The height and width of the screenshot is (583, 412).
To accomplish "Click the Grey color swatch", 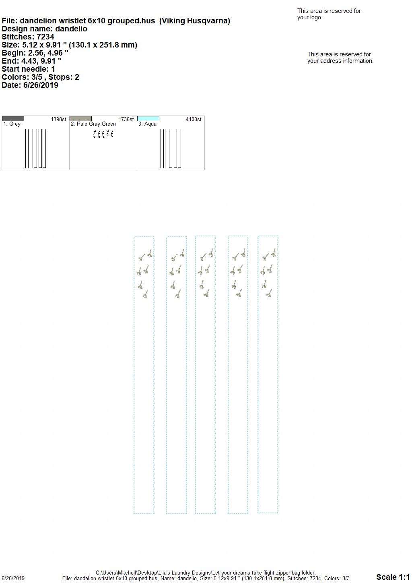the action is pos(13,119).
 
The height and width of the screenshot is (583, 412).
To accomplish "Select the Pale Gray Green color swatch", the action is pos(80,119).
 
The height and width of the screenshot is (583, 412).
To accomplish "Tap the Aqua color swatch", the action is pos(148,119).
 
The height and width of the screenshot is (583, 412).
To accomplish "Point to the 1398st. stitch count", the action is pos(59,120).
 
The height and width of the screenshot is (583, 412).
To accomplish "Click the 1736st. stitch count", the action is pos(127,120).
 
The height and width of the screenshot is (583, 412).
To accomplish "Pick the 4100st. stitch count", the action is pos(194,120).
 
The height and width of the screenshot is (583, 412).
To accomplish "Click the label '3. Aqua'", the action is pos(147,124).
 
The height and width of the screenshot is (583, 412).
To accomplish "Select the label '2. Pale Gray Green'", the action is pos(93,124).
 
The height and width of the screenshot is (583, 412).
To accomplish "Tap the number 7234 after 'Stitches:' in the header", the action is pos(45,37).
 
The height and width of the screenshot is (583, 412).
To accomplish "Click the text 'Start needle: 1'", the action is pos(28,69).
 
